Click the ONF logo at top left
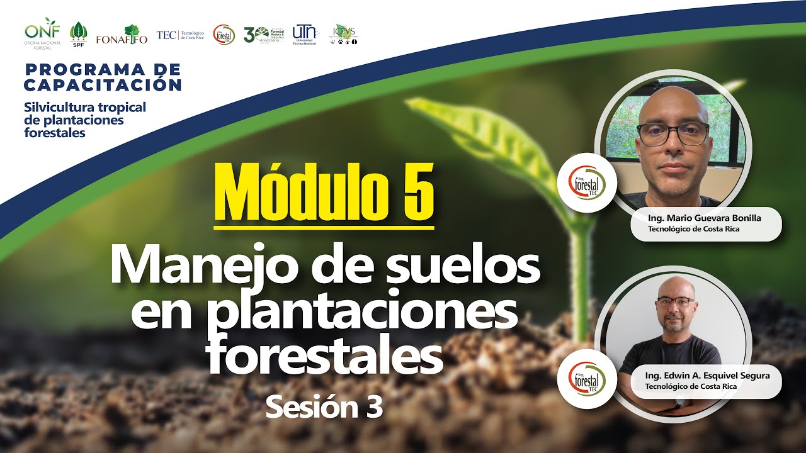(x=43, y=33)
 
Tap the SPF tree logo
(x=79, y=34)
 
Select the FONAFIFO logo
(x=122, y=35)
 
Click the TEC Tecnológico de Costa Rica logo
(x=179, y=35)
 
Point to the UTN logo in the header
(x=305, y=34)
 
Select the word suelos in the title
(x=466, y=266)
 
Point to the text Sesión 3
(x=324, y=407)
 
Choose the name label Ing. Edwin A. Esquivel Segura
(x=707, y=376)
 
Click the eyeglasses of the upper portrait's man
(x=673, y=133)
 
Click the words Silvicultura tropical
(x=84, y=107)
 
